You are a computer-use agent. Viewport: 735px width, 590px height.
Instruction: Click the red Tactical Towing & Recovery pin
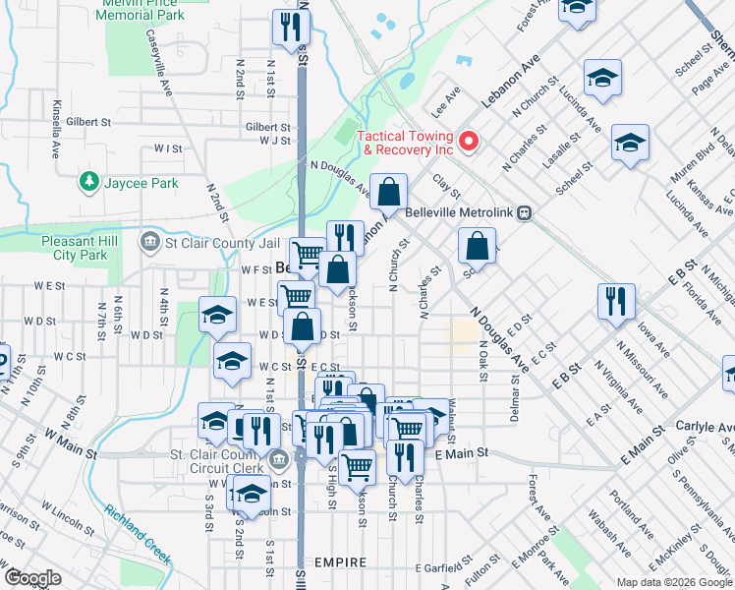pos(469,142)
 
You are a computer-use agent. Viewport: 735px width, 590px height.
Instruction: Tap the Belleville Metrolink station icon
pos(526,211)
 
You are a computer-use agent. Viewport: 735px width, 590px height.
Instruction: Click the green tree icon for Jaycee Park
pos(89,182)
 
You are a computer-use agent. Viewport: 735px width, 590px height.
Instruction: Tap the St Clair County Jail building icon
pos(150,241)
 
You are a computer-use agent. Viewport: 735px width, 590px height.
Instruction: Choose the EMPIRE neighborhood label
pos(340,562)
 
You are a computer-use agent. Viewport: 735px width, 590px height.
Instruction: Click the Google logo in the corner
pos(32,578)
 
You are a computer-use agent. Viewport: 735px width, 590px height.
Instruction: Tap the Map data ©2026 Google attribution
pos(674,582)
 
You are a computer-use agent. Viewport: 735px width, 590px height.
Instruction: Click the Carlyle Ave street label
pos(705,427)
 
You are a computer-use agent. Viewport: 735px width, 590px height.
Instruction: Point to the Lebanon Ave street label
pos(510,80)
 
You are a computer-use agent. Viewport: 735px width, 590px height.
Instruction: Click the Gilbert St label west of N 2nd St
pos(88,122)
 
